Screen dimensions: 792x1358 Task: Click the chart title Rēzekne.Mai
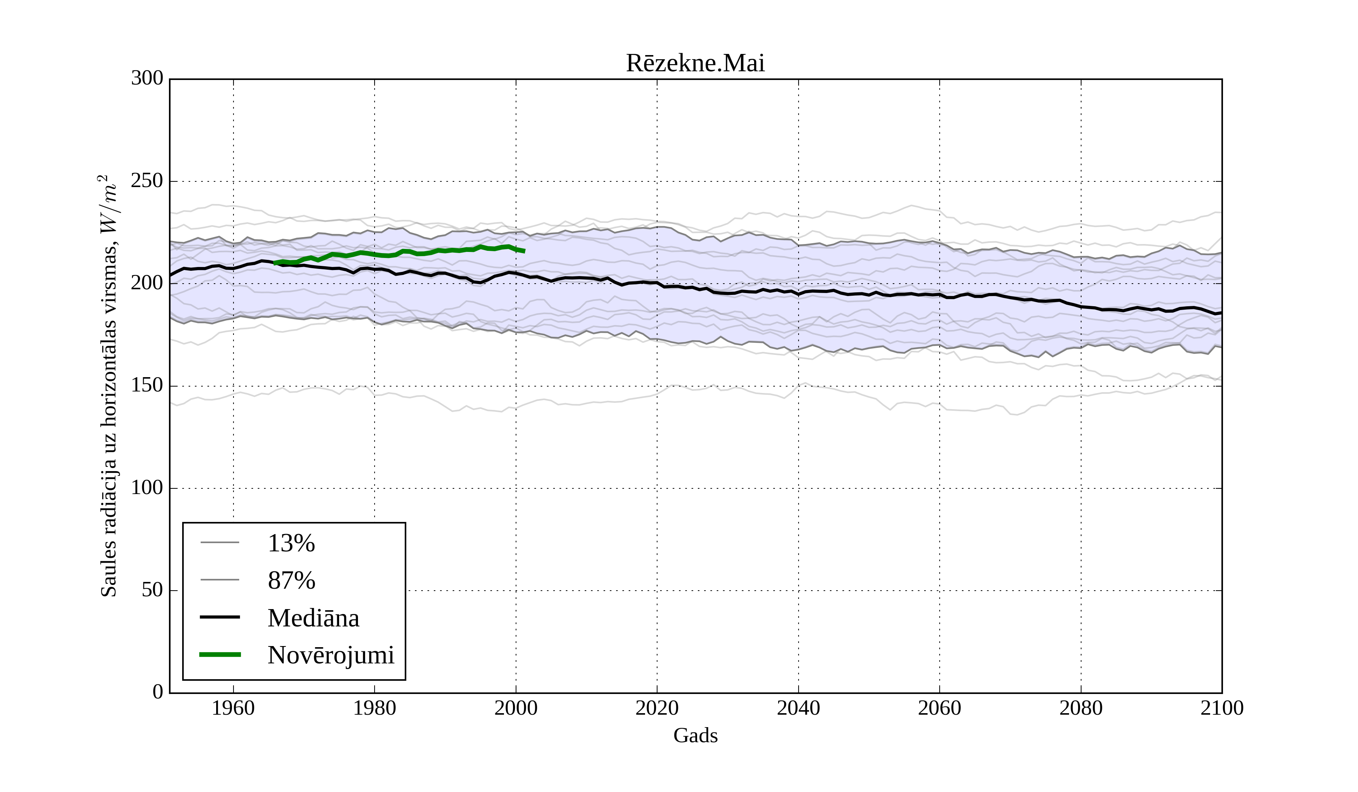[x=695, y=64]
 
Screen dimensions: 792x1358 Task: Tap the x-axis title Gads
[x=695, y=735]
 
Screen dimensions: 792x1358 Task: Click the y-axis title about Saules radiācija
[x=109, y=386]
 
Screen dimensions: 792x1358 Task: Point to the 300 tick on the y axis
[x=147, y=79]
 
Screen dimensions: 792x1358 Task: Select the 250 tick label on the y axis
[x=147, y=181]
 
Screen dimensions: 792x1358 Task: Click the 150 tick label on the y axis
[x=147, y=386]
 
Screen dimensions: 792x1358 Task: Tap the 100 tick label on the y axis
[x=147, y=488]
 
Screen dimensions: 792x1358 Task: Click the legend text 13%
[x=291, y=543]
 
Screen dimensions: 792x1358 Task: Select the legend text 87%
[x=291, y=580]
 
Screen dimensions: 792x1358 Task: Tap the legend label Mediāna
[x=313, y=618]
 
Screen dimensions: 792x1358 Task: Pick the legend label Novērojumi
[x=331, y=655]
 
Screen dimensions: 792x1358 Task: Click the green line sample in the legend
[x=220, y=655]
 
